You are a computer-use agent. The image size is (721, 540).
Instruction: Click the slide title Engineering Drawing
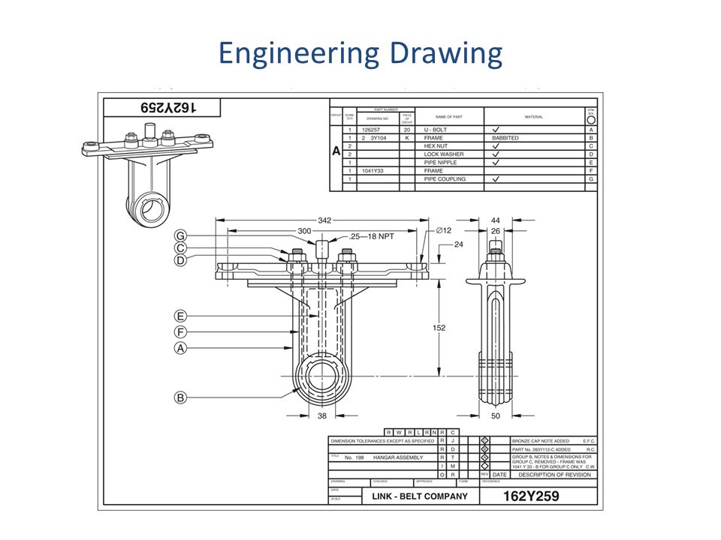pyautogui.click(x=360, y=55)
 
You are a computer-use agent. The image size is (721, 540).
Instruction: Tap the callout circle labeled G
pyautogui.click(x=180, y=235)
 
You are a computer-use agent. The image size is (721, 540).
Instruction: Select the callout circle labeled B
pyautogui.click(x=180, y=397)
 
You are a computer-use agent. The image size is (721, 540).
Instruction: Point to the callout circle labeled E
pyautogui.click(x=180, y=316)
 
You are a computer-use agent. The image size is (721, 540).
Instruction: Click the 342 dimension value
pyautogui.click(x=324, y=220)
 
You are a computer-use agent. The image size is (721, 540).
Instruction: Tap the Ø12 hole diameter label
pyautogui.click(x=443, y=231)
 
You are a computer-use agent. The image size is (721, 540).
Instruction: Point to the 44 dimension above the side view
pyautogui.click(x=495, y=220)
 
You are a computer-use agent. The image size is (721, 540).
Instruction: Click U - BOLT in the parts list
pyautogui.click(x=435, y=130)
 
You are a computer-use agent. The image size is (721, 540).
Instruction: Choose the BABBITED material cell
pyautogui.click(x=505, y=138)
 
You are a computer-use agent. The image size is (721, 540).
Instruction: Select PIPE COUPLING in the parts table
pyautogui.click(x=445, y=179)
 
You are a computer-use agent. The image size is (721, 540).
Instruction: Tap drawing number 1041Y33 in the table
pyautogui.click(x=373, y=171)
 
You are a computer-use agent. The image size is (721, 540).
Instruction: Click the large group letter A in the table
pyautogui.click(x=336, y=151)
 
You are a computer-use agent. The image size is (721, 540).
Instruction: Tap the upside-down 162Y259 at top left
pyautogui.click(x=161, y=107)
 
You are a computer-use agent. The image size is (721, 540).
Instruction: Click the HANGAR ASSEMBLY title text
pyautogui.click(x=398, y=457)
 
